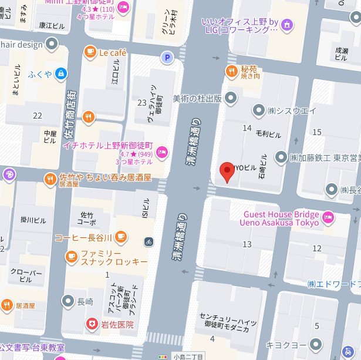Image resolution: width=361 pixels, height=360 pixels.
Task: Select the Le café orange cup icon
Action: tap(90, 52)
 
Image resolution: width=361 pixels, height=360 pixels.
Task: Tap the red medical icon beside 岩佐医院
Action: tap(91, 324)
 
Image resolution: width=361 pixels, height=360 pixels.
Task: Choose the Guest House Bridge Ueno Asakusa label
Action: tap(279, 218)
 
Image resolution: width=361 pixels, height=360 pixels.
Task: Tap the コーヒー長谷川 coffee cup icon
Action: tap(120, 237)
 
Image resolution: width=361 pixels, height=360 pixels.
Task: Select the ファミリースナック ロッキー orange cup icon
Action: tap(71, 257)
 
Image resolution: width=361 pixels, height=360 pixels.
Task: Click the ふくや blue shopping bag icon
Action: tap(61, 73)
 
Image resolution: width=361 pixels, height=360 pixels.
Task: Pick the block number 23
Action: tap(141, 103)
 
